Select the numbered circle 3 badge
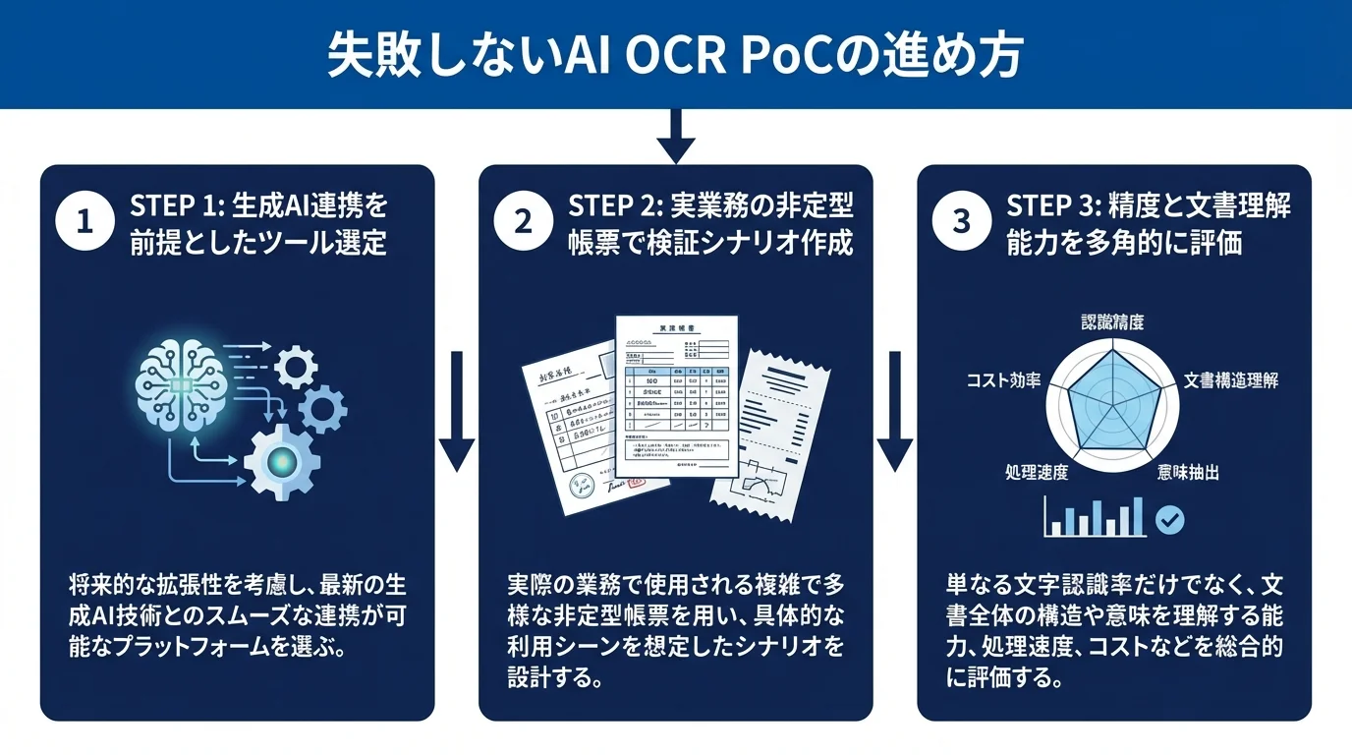(x=961, y=223)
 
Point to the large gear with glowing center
(x=281, y=461)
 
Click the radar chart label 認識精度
(x=1113, y=322)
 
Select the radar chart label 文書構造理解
(x=1231, y=380)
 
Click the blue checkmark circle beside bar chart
(x=1169, y=519)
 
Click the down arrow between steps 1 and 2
(x=457, y=412)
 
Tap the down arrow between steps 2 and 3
(x=895, y=412)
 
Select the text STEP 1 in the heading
(x=169, y=206)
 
